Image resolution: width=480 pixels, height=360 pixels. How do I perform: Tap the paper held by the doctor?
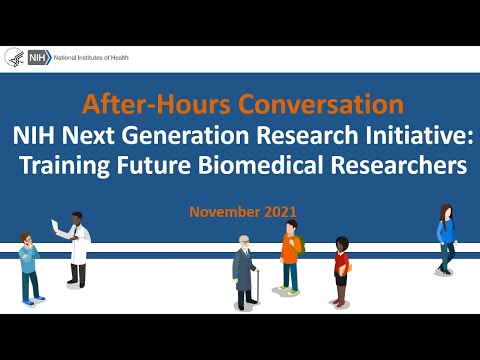click(x=55, y=224)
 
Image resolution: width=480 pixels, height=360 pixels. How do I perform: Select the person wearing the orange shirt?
click(x=290, y=258)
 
